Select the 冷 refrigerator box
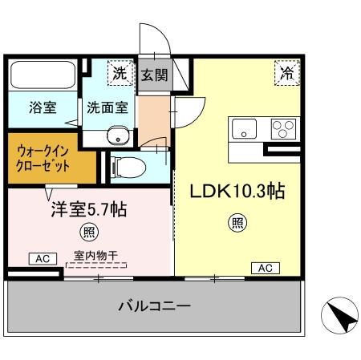tap(286, 72)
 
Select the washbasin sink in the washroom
tap(118, 135)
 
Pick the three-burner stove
tap(282, 128)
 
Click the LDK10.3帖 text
tap(238, 192)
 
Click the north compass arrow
tap(340, 318)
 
